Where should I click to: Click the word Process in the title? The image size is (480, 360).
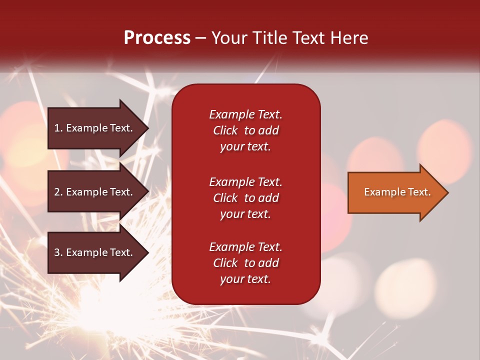[x=157, y=38]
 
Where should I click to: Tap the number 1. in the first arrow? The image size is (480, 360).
[x=58, y=128]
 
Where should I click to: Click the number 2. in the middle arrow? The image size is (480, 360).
[x=58, y=192]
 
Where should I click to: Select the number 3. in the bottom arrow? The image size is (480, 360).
[x=58, y=252]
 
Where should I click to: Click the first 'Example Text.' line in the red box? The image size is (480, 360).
[x=245, y=114]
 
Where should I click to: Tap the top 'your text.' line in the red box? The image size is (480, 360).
[x=245, y=146]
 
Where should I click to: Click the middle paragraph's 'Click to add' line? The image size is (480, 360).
[x=245, y=198]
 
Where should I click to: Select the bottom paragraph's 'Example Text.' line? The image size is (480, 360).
[x=245, y=247]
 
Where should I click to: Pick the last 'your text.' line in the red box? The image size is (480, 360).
[x=245, y=279]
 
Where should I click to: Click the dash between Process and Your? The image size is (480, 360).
[x=200, y=38]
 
